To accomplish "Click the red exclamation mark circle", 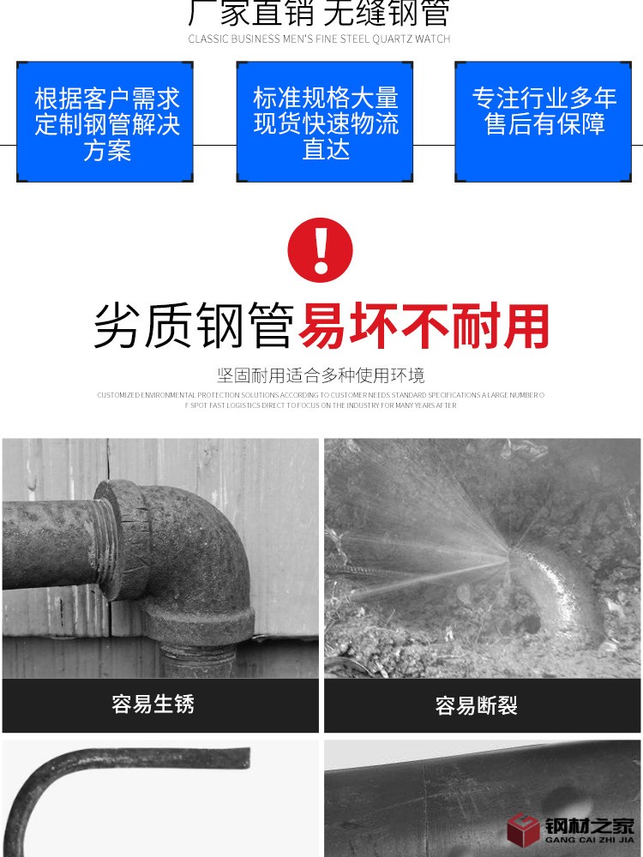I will [x=321, y=249].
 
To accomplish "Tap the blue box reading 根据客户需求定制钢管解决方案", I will [x=105, y=122].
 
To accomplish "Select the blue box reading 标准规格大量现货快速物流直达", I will [x=325, y=122].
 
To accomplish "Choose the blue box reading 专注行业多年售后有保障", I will [x=544, y=122].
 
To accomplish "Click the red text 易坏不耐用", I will [x=424, y=327].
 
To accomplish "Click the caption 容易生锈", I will [x=153, y=704].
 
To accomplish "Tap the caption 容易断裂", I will [x=476, y=706].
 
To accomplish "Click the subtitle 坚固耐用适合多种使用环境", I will [x=321, y=375].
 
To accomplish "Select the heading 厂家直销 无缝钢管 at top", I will [x=319, y=12].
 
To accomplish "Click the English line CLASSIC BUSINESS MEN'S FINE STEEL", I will [x=319, y=39].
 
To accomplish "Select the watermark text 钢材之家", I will [x=590, y=825].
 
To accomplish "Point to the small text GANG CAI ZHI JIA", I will [x=590, y=841].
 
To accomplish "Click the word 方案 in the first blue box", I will [x=106, y=151].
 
